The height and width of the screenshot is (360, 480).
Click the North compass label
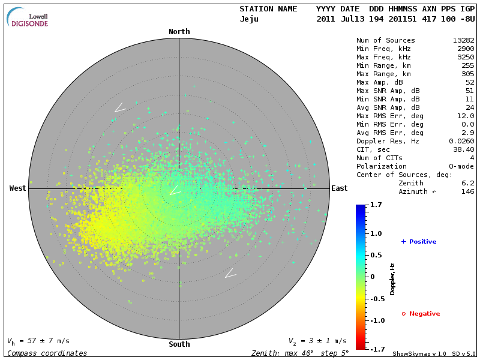click(x=179, y=31)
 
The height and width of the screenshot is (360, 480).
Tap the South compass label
click(x=179, y=344)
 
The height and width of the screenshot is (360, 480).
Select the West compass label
click(x=17, y=188)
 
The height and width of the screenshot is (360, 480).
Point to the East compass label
click(x=339, y=188)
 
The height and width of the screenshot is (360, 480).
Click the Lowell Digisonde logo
click(x=28, y=17)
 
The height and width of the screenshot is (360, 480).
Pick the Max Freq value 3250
click(x=466, y=57)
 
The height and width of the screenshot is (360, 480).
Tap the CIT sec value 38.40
click(x=464, y=149)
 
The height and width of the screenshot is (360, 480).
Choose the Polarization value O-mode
click(x=461, y=166)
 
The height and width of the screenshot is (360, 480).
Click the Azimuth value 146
click(x=467, y=191)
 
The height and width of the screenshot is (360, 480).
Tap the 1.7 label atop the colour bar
click(x=377, y=205)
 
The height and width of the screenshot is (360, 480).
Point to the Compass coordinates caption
click(x=47, y=353)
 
